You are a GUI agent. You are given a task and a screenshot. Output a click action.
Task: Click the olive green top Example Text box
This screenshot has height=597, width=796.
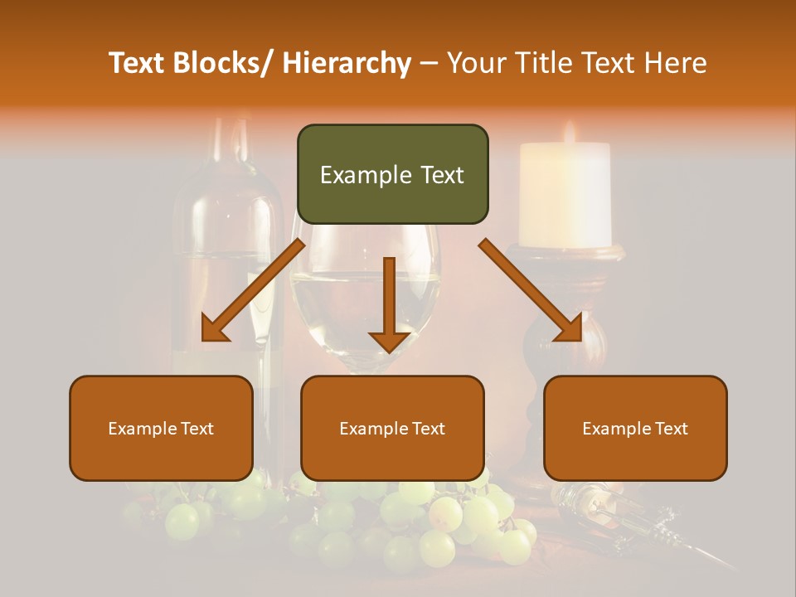(x=392, y=174)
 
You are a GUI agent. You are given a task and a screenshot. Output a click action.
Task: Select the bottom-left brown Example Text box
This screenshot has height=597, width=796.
(x=161, y=428)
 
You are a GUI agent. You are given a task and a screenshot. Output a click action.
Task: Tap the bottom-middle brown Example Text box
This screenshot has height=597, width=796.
(x=392, y=428)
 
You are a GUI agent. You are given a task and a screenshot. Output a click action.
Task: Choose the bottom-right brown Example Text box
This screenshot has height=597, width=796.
(x=635, y=428)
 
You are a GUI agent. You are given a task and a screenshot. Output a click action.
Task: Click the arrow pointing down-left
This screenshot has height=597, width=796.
(x=253, y=291)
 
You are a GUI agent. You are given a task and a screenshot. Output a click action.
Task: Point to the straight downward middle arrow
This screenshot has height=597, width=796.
(x=389, y=303)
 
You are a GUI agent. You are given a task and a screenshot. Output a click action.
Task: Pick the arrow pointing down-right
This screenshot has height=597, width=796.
(x=531, y=290)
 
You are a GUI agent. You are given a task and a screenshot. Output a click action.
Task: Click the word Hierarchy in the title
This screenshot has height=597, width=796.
(x=347, y=63)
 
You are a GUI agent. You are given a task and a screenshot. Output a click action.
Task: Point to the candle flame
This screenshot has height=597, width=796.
(x=569, y=132)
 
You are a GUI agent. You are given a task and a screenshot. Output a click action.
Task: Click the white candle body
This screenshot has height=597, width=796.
(x=565, y=195)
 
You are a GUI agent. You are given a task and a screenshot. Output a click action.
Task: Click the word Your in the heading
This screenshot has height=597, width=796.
(x=478, y=63)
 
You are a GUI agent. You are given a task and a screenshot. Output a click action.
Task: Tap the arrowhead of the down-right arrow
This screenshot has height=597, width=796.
(x=568, y=327)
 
